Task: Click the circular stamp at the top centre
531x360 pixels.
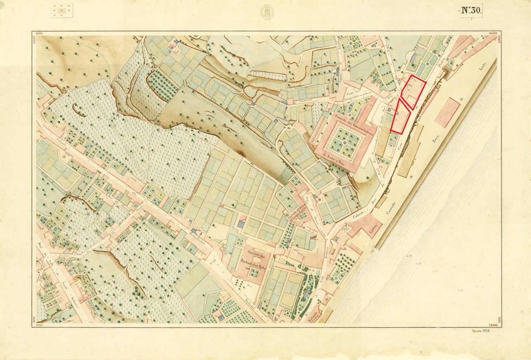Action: (267, 11)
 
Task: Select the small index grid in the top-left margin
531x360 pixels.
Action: (62, 11)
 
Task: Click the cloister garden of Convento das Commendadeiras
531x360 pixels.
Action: (346, 141)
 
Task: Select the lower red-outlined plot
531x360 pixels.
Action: (399, 117)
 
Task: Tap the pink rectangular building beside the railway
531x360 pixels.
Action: (447, 112)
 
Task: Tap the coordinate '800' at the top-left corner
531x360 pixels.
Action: (40, 33)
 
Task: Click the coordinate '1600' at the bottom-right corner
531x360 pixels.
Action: (493, 325)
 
